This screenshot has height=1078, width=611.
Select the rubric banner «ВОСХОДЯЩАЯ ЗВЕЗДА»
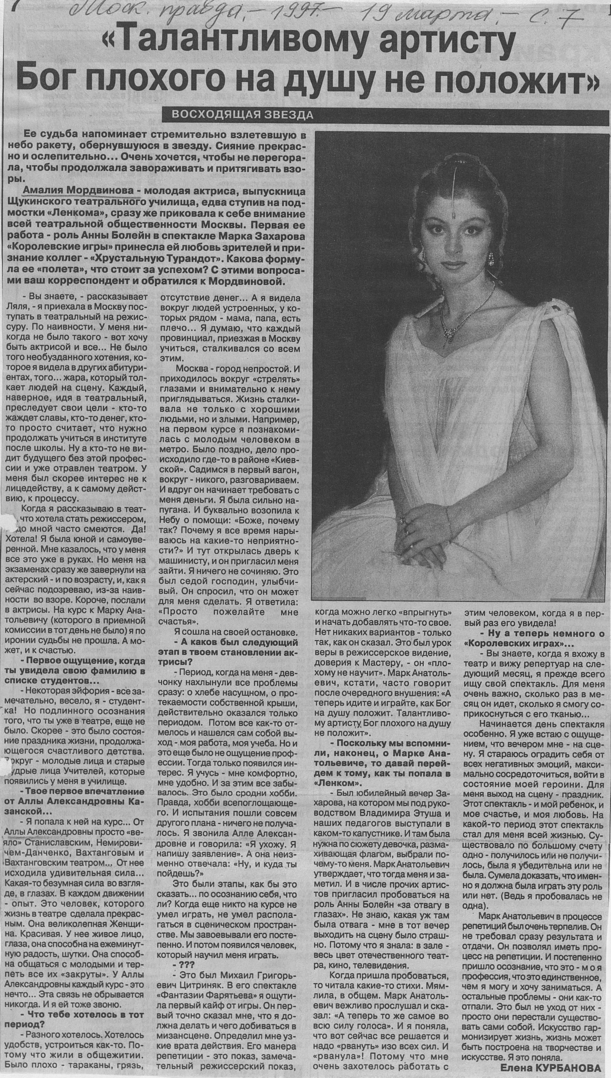point(242,115)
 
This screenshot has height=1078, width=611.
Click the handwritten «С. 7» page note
point(566,18)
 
